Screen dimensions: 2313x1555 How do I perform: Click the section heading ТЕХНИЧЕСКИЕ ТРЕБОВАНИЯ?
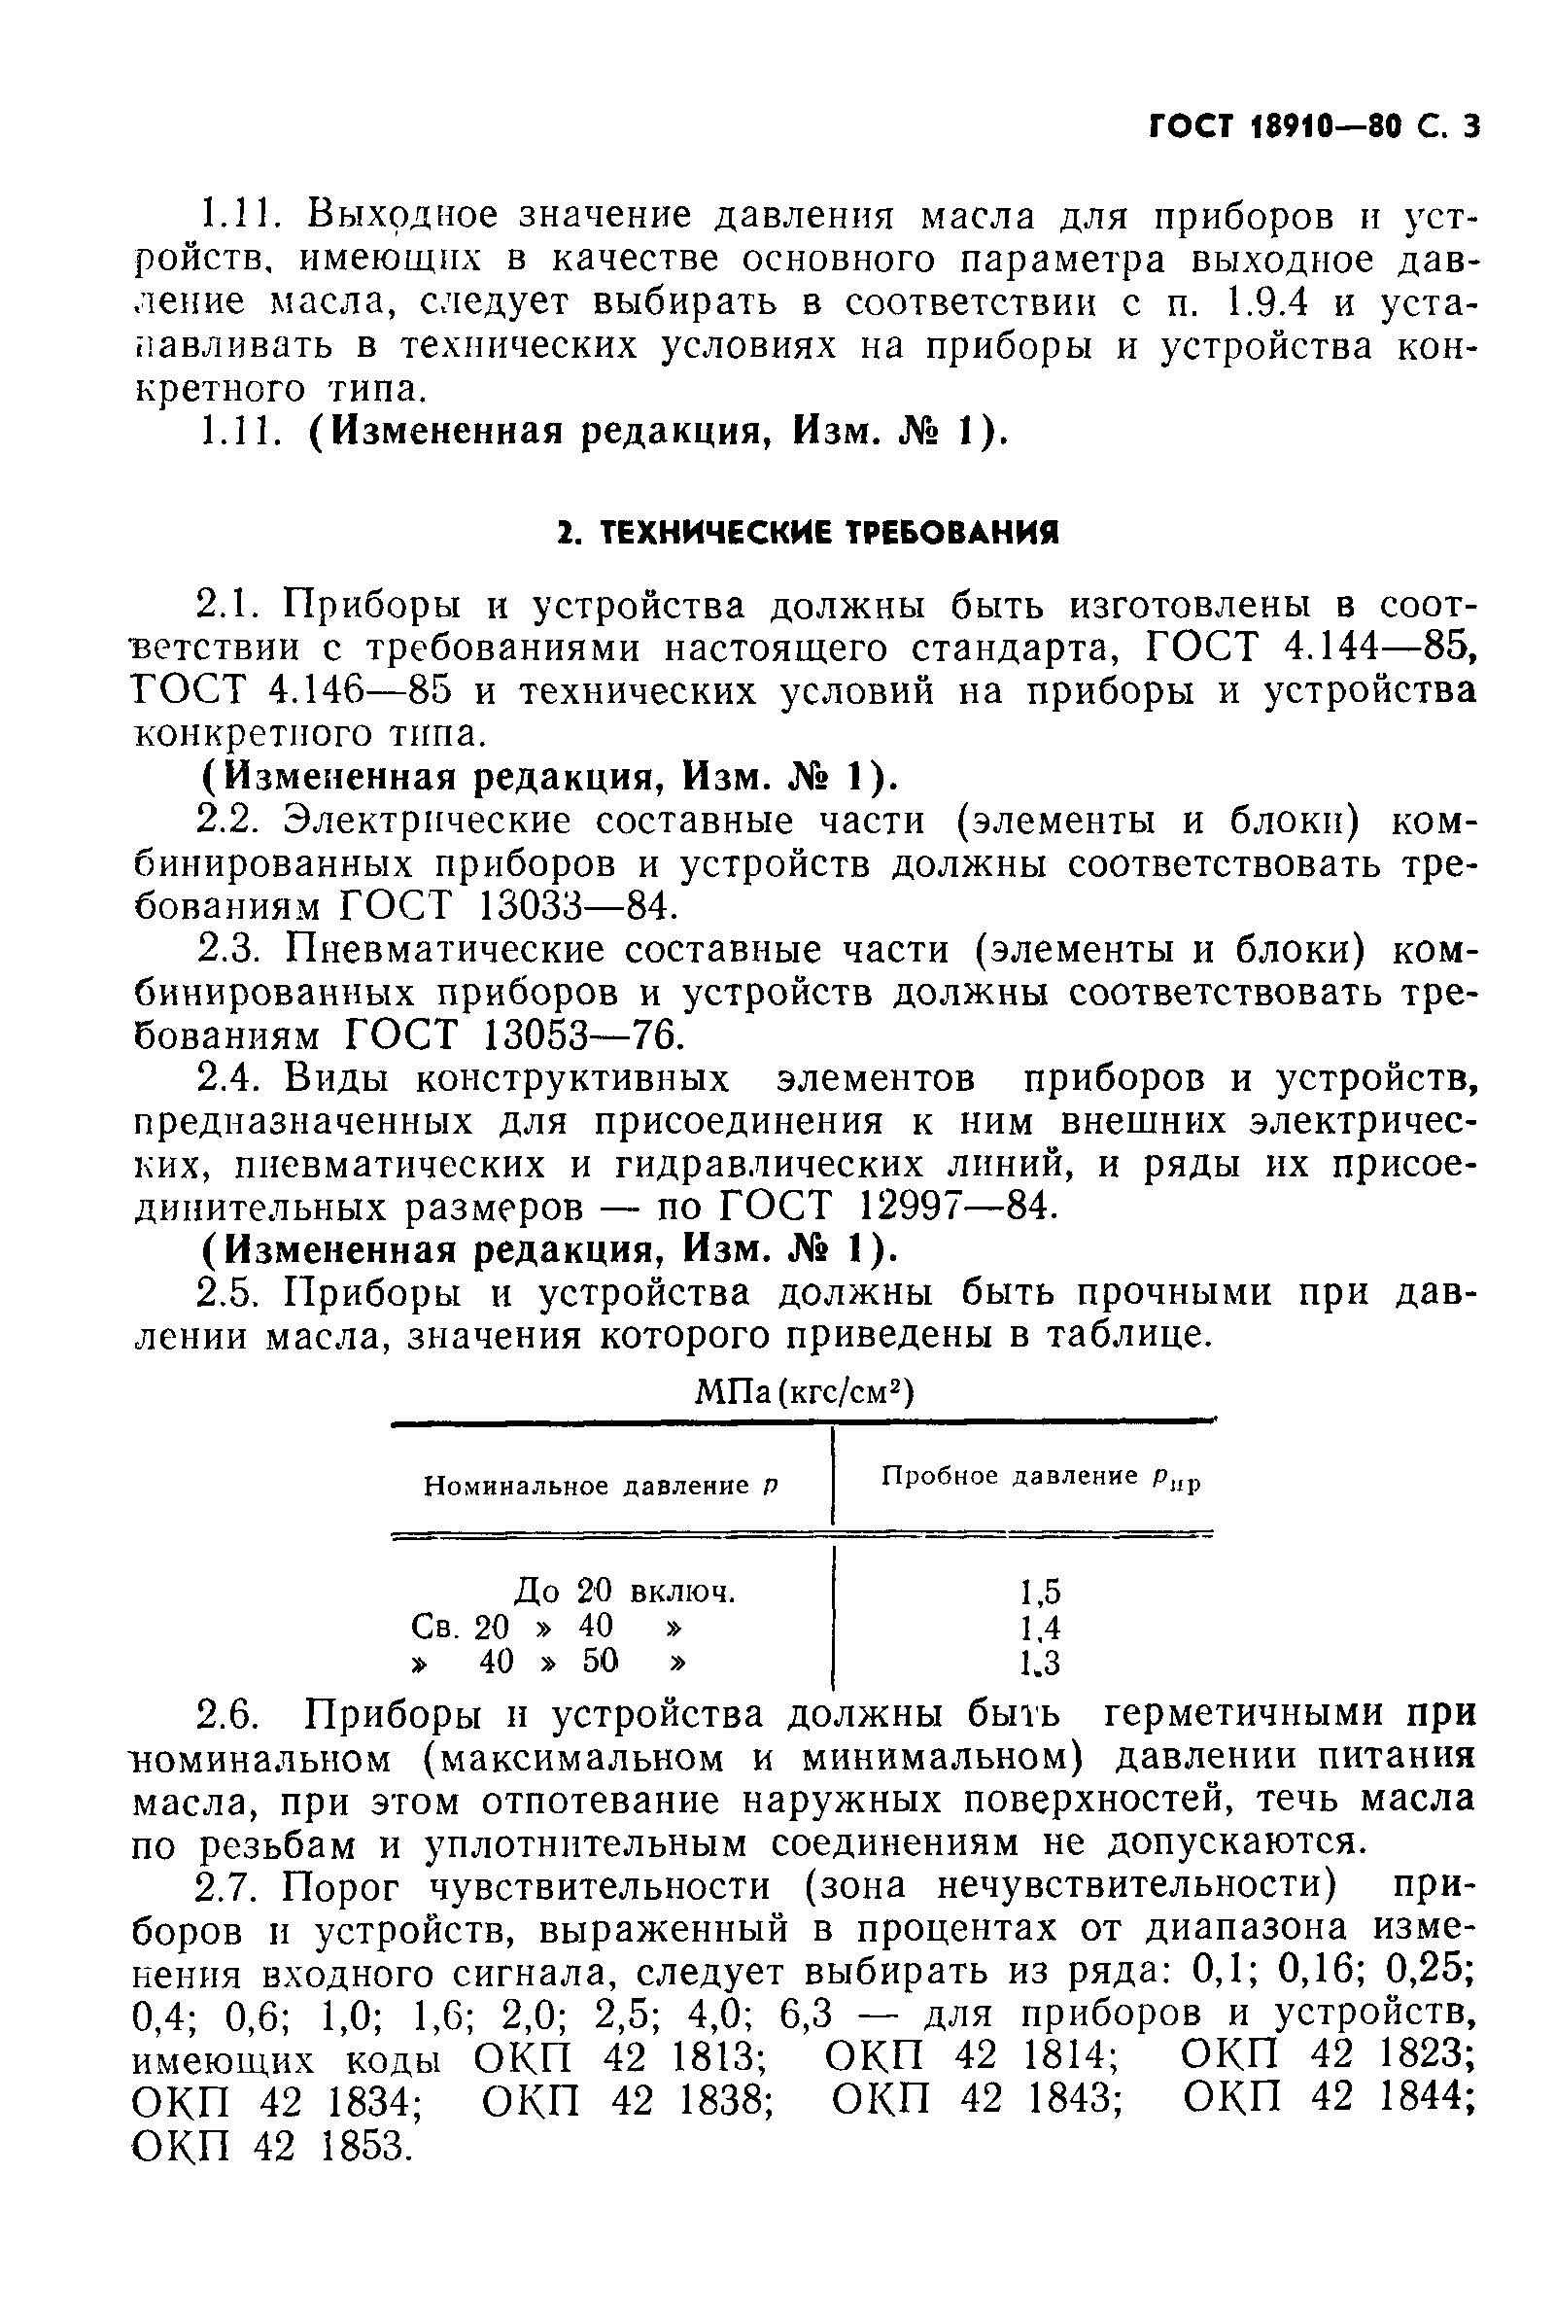[x=807, y=534]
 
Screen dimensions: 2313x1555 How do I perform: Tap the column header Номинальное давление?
[x=601, y=1485]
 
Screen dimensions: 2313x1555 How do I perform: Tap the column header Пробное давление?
[x=1040, y=1478]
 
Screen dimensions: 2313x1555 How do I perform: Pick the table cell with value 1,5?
[x=1040, y=1592]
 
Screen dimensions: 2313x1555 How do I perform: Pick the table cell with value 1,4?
[x=1040, y=1627]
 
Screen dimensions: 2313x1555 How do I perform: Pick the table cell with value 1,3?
[x=1040, y=1662]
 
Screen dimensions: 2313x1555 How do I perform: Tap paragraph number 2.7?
[x=229, y=1884]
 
